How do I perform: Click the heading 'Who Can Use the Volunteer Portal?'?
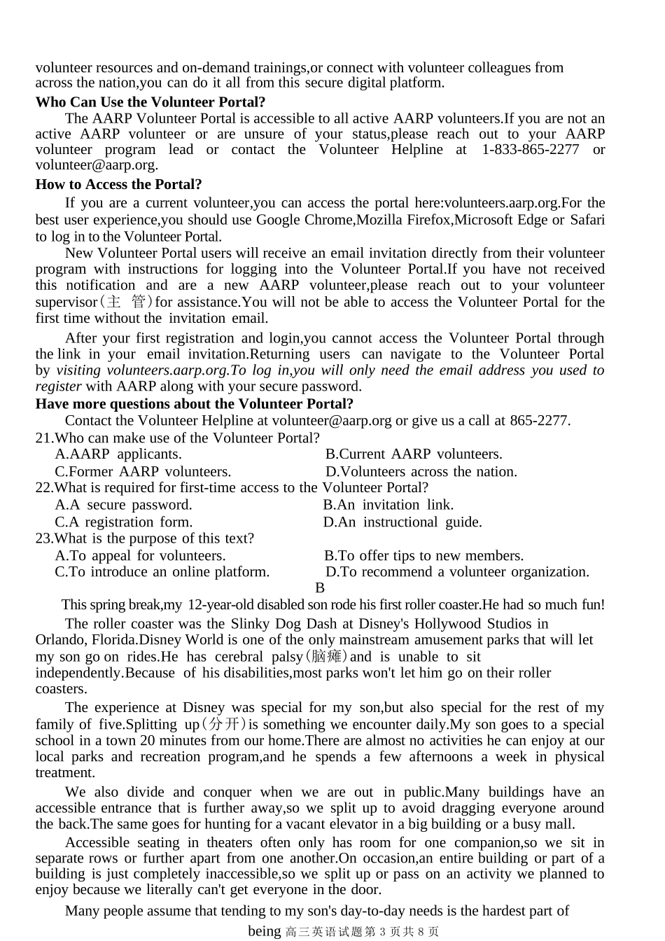(150, 102)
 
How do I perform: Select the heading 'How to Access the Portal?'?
(119, 185)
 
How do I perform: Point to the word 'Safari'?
(587, 220)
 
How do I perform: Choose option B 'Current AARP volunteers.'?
(414, 454)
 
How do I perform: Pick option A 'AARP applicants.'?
(118, 454)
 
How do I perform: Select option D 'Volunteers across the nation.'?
(421, 472)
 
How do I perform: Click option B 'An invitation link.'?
(388, 505)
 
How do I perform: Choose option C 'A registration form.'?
(124, 522)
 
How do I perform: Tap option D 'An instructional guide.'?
(402, 522)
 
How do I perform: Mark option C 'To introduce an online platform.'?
(162, 572)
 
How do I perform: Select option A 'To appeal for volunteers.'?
(141, 556)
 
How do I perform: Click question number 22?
(44, 488)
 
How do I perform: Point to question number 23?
(44, 538)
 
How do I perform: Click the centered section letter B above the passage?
(320, 588)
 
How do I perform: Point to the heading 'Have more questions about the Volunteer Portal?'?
(195, 404)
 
